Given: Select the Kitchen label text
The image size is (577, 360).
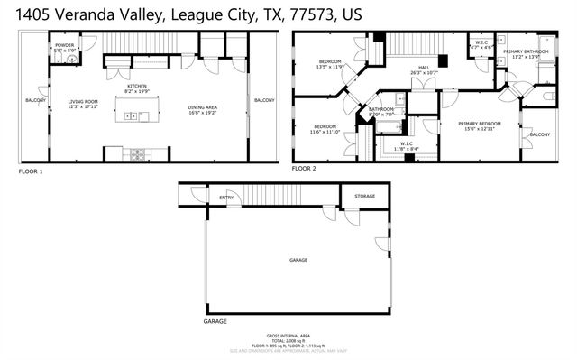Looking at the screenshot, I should point(136,87).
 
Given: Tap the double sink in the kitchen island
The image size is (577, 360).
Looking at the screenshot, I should point(133,115).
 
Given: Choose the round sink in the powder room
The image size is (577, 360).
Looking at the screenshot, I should point(71,60).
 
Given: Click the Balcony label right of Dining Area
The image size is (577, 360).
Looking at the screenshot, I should point(264,100).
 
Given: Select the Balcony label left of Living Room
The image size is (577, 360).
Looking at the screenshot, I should point(35,100).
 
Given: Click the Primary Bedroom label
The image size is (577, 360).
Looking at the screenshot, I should point(477,125).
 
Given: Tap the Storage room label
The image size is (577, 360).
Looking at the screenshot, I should point(364,196).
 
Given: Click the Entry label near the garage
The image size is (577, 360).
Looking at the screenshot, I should point(226,198).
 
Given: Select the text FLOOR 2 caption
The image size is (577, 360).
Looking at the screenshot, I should point(303,169).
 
